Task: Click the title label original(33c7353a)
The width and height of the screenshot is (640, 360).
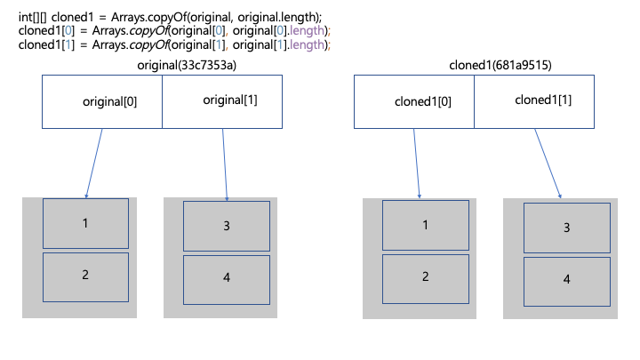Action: tap(187, 65)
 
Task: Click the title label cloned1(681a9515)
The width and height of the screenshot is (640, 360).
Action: tap(500, 65)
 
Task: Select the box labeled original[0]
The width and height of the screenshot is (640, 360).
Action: tap(102, 101)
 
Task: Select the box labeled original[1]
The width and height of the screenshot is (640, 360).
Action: tap(222, 101)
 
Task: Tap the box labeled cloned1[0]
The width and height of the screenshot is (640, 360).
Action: tap(414, 101)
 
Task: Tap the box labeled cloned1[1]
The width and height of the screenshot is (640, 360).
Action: tap(534, 101)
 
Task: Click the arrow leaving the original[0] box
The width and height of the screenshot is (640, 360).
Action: tap(94, 164)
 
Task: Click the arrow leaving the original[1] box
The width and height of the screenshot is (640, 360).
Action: tap(225, 164)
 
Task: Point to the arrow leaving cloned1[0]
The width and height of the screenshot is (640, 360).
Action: tap(417, 164)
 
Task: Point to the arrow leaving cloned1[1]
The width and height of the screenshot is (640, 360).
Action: tap(548, 164)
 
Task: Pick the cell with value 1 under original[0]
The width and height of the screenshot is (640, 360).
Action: tap(85, 224)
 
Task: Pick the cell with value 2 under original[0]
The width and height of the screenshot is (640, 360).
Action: tap(85, 277)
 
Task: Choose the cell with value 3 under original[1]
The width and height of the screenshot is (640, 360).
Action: tap(227, 226)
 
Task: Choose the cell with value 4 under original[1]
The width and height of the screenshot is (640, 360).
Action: tap(227, 280)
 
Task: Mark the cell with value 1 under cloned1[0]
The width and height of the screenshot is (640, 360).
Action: tap(426, 225)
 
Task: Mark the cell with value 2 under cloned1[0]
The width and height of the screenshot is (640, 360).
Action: tap(426, 279)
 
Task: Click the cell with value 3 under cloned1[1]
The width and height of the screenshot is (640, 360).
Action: tap(567, 228)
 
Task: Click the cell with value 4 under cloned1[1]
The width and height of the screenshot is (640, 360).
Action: tap(567, 282)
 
